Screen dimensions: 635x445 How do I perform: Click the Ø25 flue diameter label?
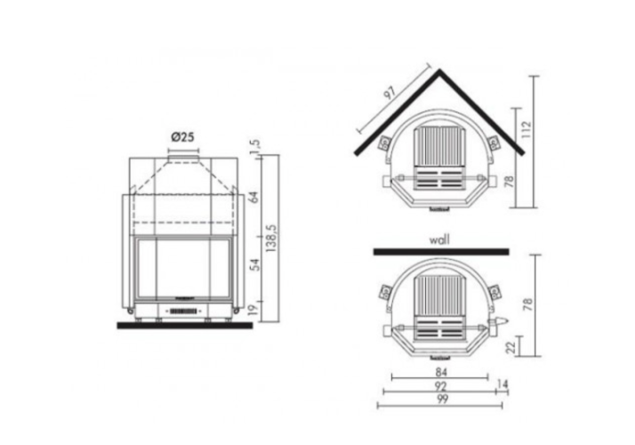click(x=182, y=137)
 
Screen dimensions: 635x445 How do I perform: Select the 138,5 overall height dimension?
click(x=271, y=239)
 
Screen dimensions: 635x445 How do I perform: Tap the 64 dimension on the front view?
click(x=254, y=198)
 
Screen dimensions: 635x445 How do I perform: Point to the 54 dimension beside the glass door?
click(x=254, y=265)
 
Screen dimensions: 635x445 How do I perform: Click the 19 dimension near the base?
click(x=253, y=311)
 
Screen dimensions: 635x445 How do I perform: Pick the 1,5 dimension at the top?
click(x=254, y=147)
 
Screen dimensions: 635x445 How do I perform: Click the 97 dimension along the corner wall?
click(x=390, y=93)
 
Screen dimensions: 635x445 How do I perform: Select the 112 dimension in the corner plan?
click(x=526, y=129)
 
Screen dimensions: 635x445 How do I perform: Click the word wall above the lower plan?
click(x=439, y=240)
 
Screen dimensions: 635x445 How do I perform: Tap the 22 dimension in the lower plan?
click(x=511, y=347)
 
